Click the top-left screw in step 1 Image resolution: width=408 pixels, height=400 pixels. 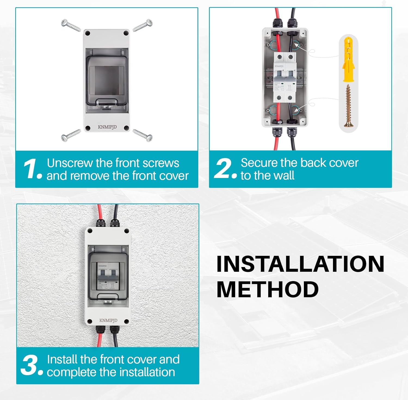pyautogui.click(x=71, y=26)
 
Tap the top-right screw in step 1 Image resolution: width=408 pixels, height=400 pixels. pyautogui.click(x=143, y=26)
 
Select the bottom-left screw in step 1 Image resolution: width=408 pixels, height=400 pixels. pyautogui.click(x=71, y=135)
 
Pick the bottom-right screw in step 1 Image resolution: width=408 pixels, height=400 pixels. pyautogui.click(x=143, y=135)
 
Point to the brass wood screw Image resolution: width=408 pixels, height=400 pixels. pyautogui.click(x=348, y=106)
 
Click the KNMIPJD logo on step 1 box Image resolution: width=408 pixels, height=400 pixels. pyautogui.click(x=107, y=127)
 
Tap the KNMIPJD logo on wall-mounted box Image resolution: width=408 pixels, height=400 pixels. pyautogui.click(x=108, y=320)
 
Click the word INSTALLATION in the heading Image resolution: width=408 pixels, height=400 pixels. pyautogui.click(x=300, y=264)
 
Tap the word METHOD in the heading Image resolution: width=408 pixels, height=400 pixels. pyautogui.click(x=267, y=289)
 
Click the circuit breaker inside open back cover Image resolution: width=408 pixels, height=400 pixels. pyautogui.click(x=285, y=78)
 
